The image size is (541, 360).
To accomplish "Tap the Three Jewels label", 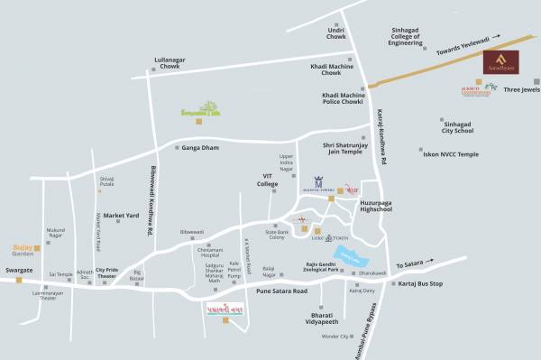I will pos(521,89).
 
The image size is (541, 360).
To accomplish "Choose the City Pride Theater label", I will pos(107,273).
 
